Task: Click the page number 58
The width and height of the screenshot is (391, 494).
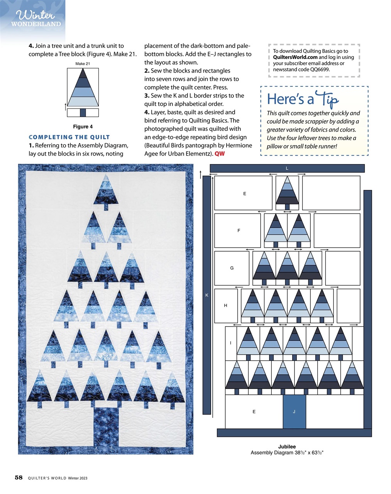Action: tap(19, 477)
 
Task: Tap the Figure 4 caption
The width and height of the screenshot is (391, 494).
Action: tap(83, 127)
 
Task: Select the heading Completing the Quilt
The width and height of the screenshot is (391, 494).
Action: tap(69, 137)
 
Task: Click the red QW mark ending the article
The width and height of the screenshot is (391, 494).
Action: tap(220, 154)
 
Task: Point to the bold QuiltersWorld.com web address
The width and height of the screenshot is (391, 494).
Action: tap(295, 57)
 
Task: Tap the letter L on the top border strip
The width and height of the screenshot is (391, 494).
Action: tap(287, 168)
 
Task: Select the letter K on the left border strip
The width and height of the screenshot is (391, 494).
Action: tap(207, 295)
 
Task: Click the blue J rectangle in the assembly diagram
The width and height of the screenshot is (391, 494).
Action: tap(294, 411)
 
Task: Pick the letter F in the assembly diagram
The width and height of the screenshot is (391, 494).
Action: tap(239, 230)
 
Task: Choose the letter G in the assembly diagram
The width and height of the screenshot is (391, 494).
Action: tap(232, 268)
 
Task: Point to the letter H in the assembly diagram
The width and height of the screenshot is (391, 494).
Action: tap(225, 305)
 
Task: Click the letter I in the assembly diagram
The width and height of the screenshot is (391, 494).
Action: tap(230, 343)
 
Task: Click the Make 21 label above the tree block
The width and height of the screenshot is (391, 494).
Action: tap(83, 64)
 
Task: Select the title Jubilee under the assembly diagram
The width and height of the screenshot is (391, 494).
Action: tap(287, 447)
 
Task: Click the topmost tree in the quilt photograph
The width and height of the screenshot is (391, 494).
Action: tap(105, 191)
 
